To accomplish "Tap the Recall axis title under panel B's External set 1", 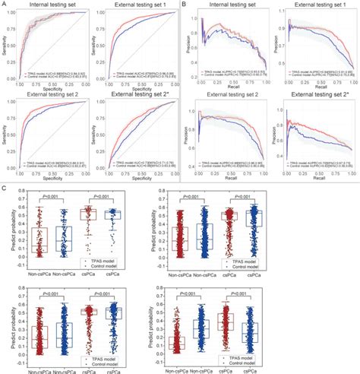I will coord(313,87).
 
